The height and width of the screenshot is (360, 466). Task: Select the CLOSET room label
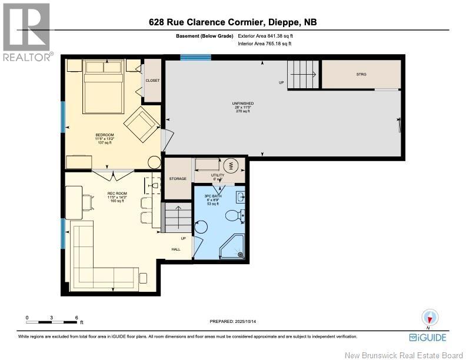click(x=152, y=81)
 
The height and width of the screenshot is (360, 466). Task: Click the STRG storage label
click(x=361, y=74)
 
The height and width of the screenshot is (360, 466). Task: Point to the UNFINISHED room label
click(x=242, y=104)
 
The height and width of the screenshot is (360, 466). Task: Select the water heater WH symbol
click(x=231, y=164)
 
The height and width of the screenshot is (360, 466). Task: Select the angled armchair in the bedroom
click(x=140, y=124)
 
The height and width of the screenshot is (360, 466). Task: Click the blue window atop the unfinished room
click(x=195, y=57)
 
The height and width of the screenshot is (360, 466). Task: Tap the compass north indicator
click(x=429, y=318)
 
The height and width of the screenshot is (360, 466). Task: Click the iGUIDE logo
click(x=427, y=337)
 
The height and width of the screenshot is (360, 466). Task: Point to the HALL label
click(x=176, y=249)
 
